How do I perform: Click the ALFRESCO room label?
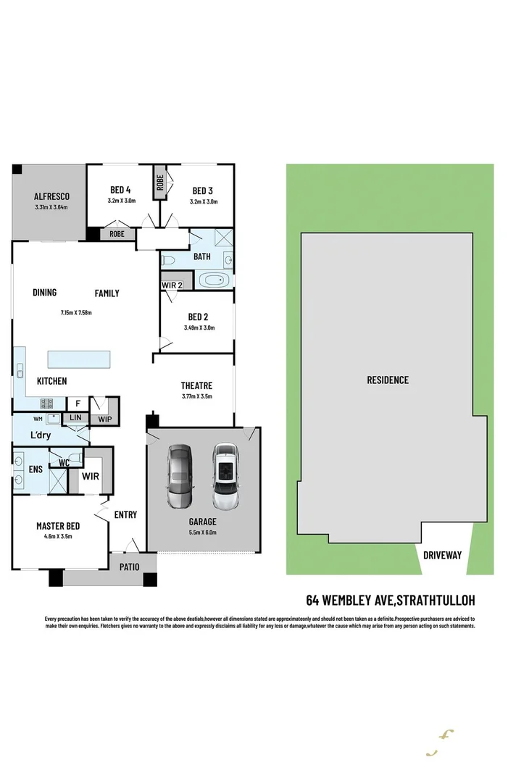[x=51, y=196]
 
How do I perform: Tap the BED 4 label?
[x=121, y=191]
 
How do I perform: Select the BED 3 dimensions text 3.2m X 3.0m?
[x=204, y=201]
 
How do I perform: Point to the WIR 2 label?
[x=171, y=285]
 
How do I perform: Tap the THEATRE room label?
[x=196, y=385]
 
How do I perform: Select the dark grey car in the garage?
[x=180, y=477]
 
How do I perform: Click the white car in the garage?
[x=225, y=476]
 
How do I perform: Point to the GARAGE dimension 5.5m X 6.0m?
[x=203, y=532]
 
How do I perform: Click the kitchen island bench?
[x=79, y=359]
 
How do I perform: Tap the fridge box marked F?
[x=78, y=404]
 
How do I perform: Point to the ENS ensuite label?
[x=35, y=469]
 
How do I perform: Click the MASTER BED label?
[x=58, y=526]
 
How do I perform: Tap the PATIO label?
[x=130, y=567]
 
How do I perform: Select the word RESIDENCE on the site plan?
[x=387, y=380]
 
